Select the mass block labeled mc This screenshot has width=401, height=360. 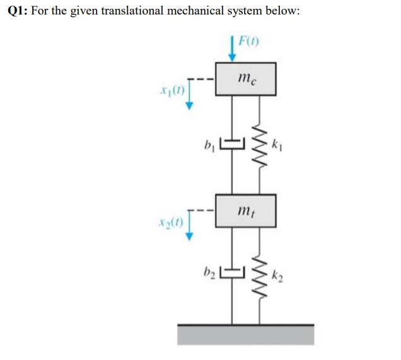coord(246,79)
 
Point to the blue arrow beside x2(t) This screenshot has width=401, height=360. coord(188,228)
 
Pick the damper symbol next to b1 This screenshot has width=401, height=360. coord(232,144)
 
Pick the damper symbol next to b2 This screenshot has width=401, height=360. coord(232,274)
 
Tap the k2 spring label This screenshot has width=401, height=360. coord(277,275)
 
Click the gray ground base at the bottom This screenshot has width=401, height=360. coord(246,334)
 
